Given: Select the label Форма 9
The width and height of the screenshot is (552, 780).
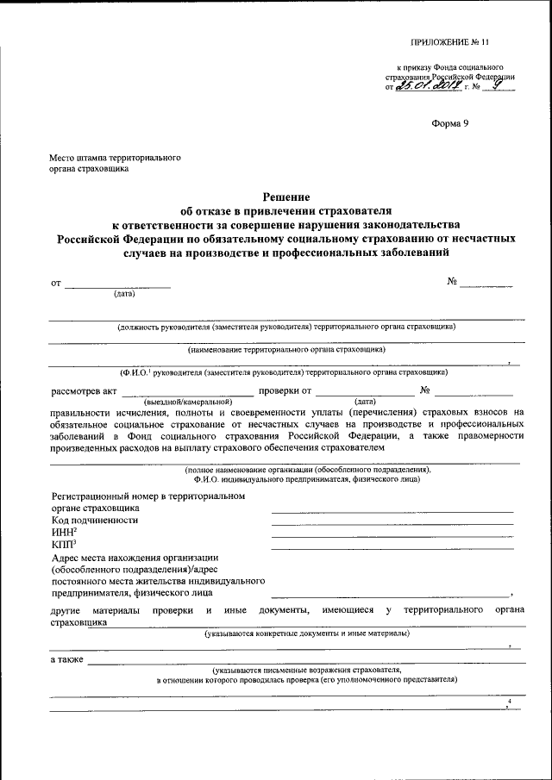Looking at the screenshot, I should tap(449, 124).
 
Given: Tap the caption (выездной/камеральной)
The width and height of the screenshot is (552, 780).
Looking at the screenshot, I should tap(188, 402).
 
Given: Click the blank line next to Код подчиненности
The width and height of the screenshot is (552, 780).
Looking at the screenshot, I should tap(392, 524).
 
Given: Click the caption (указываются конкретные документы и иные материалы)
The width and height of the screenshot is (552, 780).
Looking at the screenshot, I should tap(307, 633).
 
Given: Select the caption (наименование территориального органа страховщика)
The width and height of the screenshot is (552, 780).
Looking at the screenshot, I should tap(286, 350).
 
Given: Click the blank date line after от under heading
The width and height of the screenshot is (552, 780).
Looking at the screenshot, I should tap(118, 286).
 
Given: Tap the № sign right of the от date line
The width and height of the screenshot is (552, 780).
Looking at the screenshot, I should tap(452, 282).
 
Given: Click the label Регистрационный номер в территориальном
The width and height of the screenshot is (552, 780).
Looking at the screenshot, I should tap(148, 496).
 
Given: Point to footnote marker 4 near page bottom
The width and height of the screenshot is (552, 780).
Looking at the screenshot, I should tap(510, 702).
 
